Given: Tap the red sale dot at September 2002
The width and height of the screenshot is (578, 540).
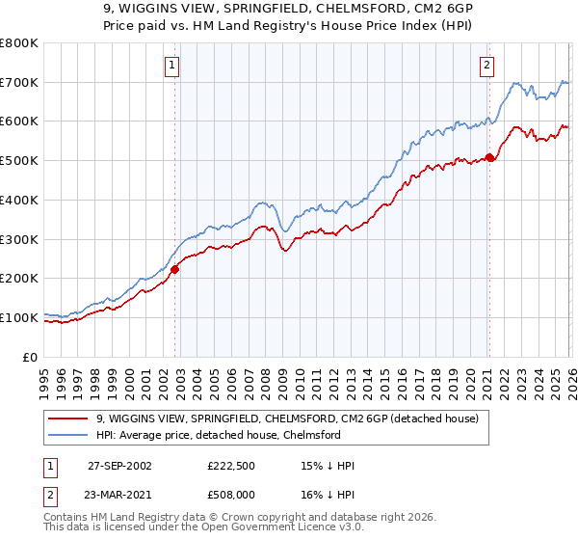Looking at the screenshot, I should pyautogui.click(x=175, y=270).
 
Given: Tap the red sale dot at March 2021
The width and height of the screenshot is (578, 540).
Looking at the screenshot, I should pyautogui.click(x=489, y=157).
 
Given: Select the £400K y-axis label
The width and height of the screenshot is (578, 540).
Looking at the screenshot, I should pyautogui.click(x=19, y=201).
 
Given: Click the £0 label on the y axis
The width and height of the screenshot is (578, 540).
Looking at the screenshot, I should pyautogui.click(x=30, y=357).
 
